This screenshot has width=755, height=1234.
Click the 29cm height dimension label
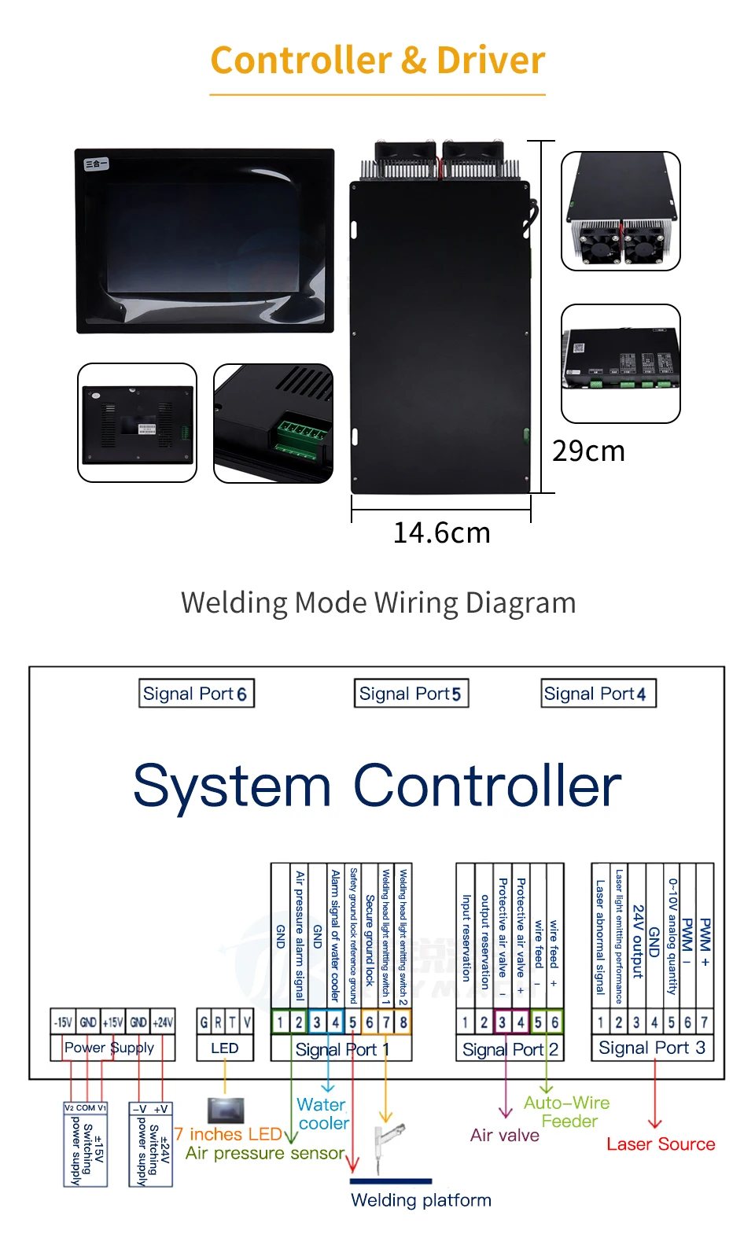[588, 451]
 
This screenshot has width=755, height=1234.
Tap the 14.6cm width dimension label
[441, 533]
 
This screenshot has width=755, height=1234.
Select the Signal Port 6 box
[196, 694]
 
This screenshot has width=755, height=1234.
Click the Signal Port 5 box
[411, 694]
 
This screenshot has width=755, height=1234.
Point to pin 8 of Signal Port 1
[403, 1022]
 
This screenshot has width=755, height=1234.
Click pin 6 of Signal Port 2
[554, 1022]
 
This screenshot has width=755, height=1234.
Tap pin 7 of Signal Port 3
[704, 1022]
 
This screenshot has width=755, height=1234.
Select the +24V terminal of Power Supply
[163, 1022]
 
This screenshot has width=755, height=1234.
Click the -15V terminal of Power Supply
[63, 1022]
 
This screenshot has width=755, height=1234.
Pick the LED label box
[224, 1048]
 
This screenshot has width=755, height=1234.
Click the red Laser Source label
[661, 1144]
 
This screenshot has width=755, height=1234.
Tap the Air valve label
[505, 1135]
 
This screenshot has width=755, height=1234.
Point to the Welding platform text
[421, 1200]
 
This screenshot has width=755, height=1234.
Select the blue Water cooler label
[322, 1114]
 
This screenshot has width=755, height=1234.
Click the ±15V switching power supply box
[85, 1144]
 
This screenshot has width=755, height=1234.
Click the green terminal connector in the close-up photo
[298, 437]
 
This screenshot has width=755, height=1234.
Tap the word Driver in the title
[491, 61]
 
